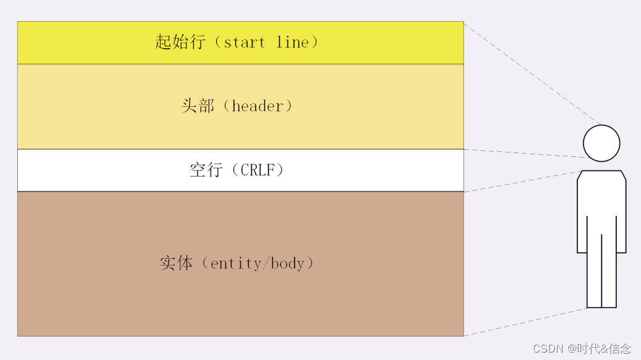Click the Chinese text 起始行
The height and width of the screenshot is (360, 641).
pyautogui.click(x=180, y=43)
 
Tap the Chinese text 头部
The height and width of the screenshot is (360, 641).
pyautogui.click(x=197, y=106)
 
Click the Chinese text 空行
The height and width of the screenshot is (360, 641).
pyautogui.click(x=206, y=170)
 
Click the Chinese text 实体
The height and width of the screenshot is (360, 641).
pyautogui.click(x=176, y=264)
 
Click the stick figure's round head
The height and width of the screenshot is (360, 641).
pyautogui.click(x=601, y=143)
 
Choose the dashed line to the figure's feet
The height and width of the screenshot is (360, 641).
pyautogui.click(x=525, y=322)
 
